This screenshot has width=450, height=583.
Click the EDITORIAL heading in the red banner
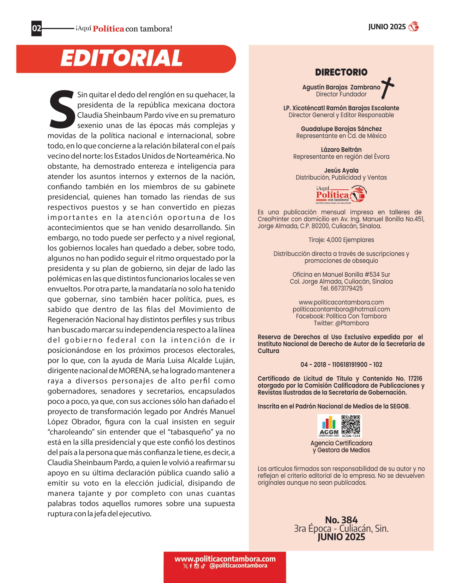point(121,58)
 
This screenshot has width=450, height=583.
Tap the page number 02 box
point(36,28)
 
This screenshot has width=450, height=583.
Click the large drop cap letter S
point(62,110)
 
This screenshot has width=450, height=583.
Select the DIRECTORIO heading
point(341,72)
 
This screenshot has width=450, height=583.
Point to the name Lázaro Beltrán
point(341,150)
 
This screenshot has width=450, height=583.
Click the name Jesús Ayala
point(341,171)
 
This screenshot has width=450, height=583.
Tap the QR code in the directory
point(351,425)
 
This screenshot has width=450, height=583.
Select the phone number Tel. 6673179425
point(341,288)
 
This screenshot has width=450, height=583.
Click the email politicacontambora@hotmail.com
point(341,309)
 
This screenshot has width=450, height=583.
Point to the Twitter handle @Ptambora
point(341,323)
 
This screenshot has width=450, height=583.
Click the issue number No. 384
point(341,520)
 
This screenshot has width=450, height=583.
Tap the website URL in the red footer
point(225,559)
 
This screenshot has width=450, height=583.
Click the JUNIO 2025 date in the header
point(387,27)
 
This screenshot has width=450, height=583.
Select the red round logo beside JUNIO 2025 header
point(413,27)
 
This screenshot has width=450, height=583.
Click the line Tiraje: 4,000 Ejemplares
point(341,240)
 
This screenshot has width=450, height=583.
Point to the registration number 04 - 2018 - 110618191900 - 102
point(341,365)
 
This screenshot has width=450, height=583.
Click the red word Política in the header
point(108,29)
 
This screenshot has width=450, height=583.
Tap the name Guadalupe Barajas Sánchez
point(341,129)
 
